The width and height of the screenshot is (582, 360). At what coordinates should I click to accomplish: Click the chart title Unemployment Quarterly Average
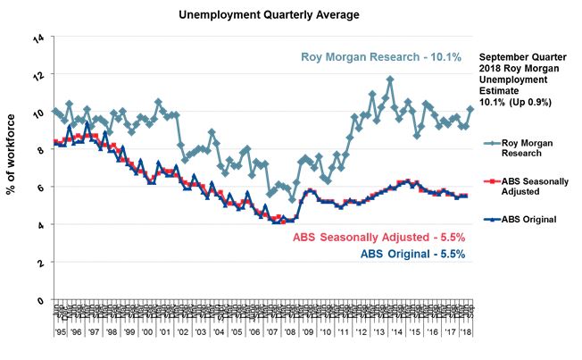pos(250,15)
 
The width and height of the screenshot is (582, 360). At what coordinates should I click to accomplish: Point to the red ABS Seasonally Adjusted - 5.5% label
pos(379,239)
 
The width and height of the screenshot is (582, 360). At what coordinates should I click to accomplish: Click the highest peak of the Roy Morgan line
pos(390,80)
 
